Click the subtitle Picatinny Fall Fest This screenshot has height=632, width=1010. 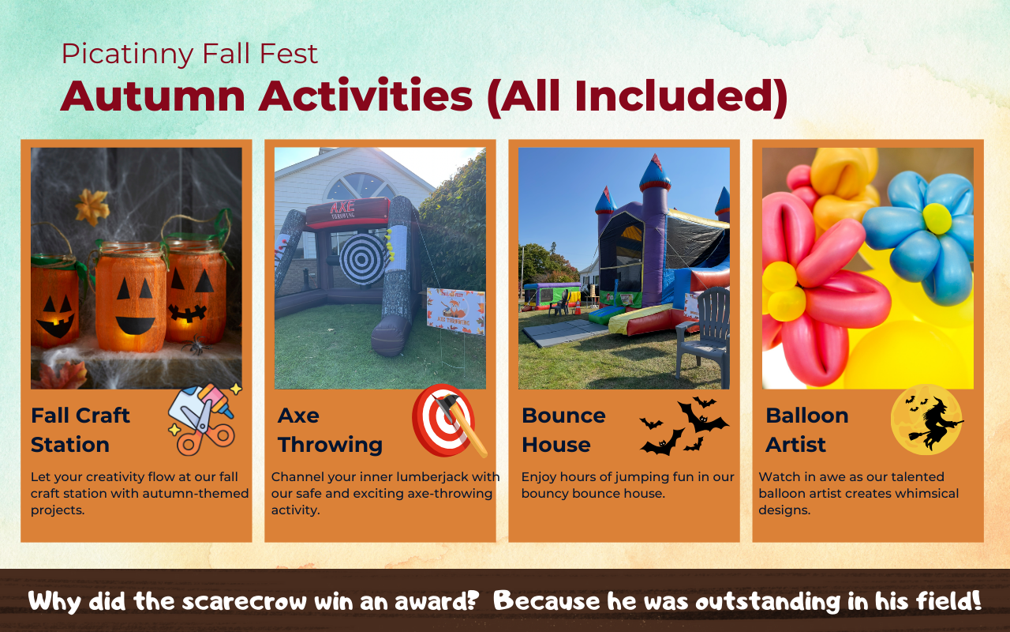tap(189, 55)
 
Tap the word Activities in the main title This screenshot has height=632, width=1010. tap(365, 96)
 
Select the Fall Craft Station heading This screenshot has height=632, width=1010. tap(80, 430)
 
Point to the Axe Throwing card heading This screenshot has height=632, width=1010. tap(330, 430)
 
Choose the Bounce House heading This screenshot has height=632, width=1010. tap(563, 430)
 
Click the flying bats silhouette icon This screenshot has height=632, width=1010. tap(683, 426)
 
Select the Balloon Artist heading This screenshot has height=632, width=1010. tap(807, 430)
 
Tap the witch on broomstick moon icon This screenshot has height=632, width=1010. tap(926, 419)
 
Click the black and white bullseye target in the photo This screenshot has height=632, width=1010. tap(362, 258)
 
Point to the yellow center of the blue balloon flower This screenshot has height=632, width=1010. tap(937, 219)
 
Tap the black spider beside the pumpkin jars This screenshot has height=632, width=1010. tap(195, 344)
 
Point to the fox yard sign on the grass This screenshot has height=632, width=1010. tap(456, 311)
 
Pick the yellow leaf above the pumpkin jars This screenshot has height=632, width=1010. tap(92, 207)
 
